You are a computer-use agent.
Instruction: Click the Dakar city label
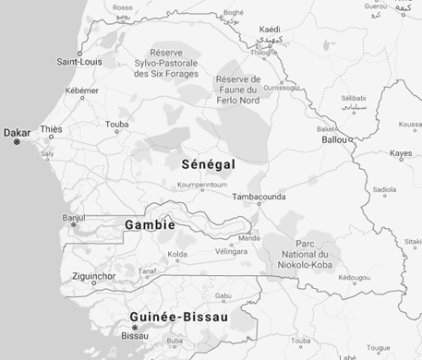17,132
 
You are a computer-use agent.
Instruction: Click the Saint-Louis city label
80,62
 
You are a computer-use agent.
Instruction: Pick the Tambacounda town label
259,197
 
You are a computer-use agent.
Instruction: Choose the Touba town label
117,123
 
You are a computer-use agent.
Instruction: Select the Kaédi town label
270,30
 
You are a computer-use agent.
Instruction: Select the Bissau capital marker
134,328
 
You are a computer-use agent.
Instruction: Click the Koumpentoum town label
202,185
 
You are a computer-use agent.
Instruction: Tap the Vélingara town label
232,251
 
